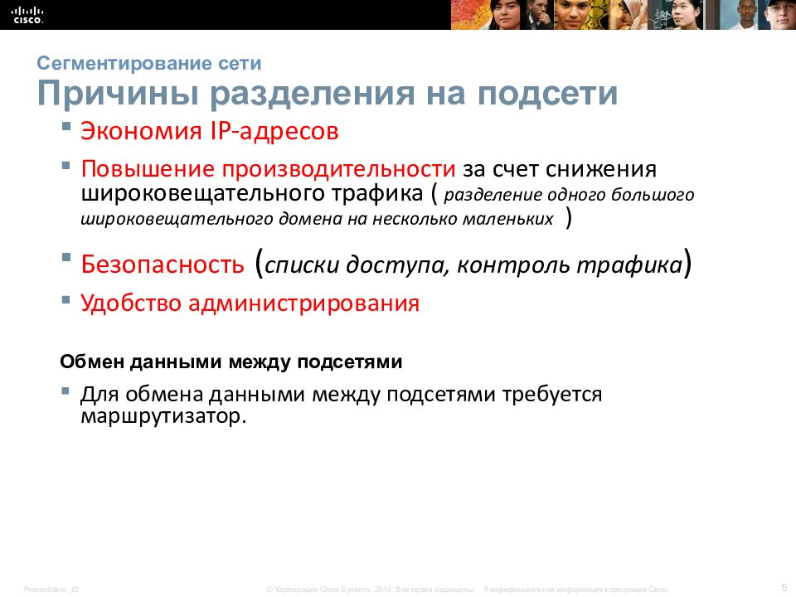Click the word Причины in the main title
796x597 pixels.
click(117, 94)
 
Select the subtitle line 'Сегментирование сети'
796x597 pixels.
click(149, 63)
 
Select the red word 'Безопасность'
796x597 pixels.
click(163, 265)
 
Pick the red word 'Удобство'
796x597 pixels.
click(130, 303)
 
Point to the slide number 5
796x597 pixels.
click(784, 586)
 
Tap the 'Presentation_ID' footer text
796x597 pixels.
click(51, 589)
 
